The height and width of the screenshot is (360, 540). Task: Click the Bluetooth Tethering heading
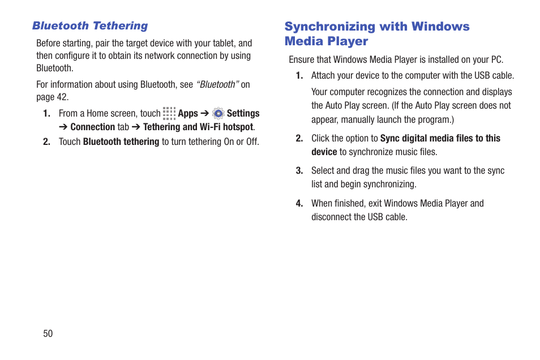pos(90,26)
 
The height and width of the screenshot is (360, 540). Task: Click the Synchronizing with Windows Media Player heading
pos(376,34)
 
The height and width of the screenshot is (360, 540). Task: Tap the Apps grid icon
pos(169,113)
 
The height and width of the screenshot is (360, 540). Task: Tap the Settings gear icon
pos(218,113)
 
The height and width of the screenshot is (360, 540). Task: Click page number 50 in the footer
pos(48,333)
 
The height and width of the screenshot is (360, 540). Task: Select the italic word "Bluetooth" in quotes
pos(217,85)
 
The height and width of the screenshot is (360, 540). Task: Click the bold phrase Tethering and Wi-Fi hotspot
pos(198,127)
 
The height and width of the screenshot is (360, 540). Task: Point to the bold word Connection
pos(92,127)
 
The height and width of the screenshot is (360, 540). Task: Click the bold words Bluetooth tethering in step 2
pos(121,142)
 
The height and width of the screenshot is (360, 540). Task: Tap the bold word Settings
pos(243,114)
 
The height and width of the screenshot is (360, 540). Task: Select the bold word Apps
pos(188,114)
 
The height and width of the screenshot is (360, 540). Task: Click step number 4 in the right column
pos(299,204)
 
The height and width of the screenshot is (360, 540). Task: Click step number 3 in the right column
pos(299,171)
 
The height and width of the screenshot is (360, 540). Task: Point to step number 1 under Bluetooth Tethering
pos(47,114)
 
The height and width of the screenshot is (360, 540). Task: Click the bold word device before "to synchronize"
pos(324,152)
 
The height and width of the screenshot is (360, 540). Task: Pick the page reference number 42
pos(62,97)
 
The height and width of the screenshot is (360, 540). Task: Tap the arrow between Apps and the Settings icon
pos(205,114)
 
